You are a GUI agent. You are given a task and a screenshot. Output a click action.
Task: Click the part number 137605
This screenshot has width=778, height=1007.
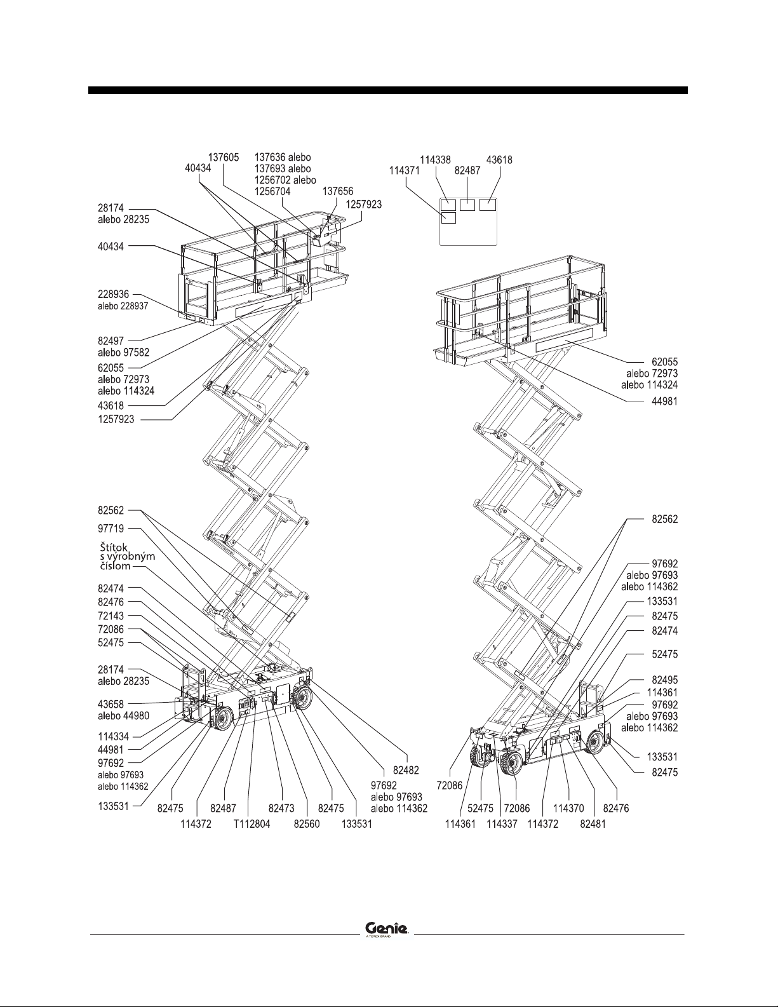click(223, 158)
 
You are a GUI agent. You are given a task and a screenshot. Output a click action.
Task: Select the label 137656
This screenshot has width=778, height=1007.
click(338, 191)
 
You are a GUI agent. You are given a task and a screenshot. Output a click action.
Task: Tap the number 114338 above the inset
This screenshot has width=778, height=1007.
click(435, 160)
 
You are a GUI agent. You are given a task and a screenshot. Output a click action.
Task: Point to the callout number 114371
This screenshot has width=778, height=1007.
click(405, 170)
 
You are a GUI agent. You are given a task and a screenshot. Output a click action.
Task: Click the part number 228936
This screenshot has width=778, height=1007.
click(114, 294)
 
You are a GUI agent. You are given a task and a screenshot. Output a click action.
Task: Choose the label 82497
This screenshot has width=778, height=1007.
click(111, 341)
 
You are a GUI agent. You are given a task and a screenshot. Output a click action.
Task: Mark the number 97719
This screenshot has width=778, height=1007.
click(111, 529)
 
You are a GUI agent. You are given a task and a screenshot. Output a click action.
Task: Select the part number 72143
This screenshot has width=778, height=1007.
click(111, 616)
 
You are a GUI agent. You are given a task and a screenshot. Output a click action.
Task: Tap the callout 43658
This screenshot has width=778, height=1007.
click(111, 704)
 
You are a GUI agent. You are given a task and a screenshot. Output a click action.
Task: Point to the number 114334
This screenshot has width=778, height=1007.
click(114, 736)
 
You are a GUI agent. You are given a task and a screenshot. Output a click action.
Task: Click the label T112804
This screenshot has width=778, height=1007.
click(252, 823)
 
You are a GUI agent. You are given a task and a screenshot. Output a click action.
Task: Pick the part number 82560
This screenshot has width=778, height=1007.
click(307, 823)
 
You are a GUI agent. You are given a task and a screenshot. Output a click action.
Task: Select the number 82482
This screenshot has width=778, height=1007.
click(406, 770)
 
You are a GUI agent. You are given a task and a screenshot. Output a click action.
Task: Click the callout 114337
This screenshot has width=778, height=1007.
click(502, 823)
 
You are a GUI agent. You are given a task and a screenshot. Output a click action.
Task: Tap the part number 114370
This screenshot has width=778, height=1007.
click(568, 808)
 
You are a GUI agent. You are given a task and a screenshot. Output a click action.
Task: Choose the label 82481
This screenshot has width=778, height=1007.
click(593, 823)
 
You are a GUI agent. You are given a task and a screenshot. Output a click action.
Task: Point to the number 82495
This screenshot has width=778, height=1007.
click(664, 680)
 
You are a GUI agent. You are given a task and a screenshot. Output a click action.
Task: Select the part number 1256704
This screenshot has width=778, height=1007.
click(272, 191)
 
